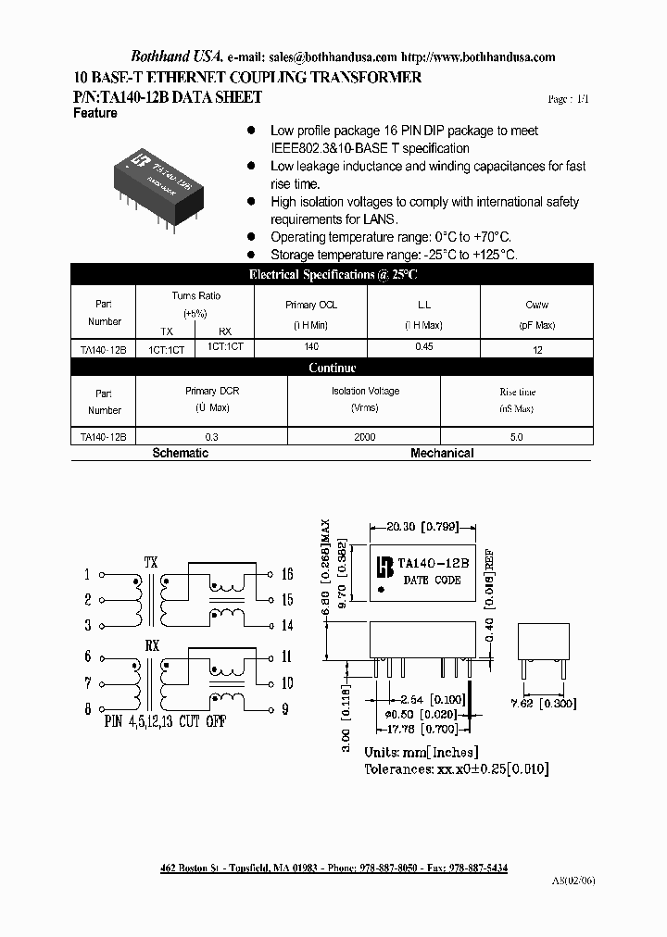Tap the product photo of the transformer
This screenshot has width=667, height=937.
click(164, 181)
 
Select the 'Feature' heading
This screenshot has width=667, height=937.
click(94, 113)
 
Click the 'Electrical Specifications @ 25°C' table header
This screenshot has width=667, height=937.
click(333, 274)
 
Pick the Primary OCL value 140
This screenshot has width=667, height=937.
click(311, 346)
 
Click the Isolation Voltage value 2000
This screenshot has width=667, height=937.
click(364, 437)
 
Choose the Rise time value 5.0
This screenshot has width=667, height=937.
click(517, 437)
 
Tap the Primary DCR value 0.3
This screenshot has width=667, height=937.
click(212, 437)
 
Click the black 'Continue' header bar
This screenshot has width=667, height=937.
click(333, 368)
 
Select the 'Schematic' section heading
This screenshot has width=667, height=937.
click(180, 454)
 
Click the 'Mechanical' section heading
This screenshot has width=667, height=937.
click(442, 454)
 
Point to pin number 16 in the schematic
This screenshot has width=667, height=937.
click(286, 574)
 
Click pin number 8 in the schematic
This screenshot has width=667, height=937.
click(87, 709)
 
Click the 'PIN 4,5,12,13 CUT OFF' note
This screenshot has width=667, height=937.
click(165, 721)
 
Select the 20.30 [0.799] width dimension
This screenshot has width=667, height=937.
click(422, 526)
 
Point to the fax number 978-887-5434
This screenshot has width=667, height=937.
click(476, 868)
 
